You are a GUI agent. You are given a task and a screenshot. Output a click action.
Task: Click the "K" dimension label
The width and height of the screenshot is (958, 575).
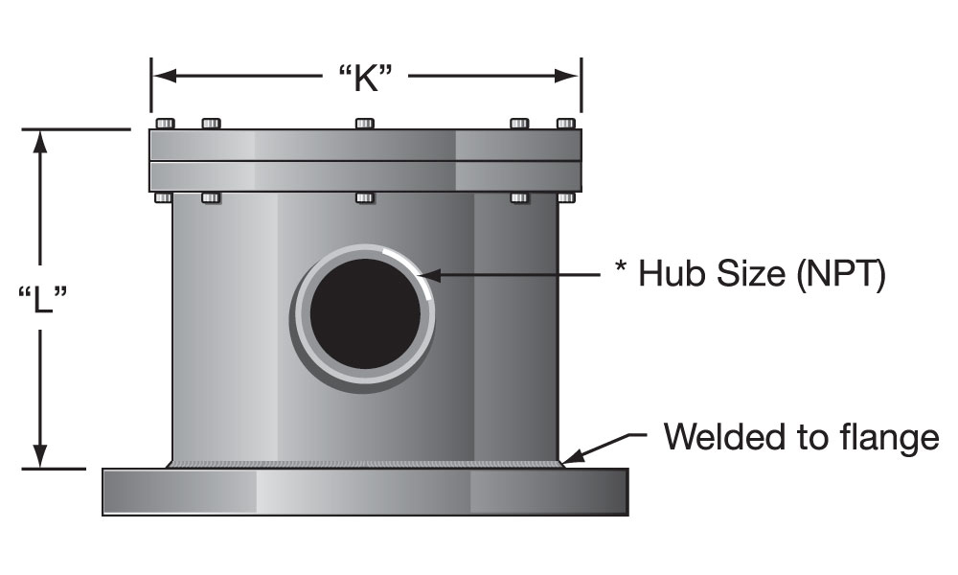pos(365,78)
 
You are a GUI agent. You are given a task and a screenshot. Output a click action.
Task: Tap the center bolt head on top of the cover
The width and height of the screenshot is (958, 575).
pos(364,123)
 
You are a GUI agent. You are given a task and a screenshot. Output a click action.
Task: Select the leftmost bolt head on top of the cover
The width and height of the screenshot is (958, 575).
pos(164,123)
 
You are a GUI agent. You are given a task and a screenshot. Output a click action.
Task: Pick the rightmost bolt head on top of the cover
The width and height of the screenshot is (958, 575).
pos(566,123)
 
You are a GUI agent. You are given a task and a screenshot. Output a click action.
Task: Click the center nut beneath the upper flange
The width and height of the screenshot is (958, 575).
pos(364,197)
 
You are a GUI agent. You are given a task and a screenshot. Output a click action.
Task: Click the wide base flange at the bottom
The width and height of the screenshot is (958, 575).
pos(365,493)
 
